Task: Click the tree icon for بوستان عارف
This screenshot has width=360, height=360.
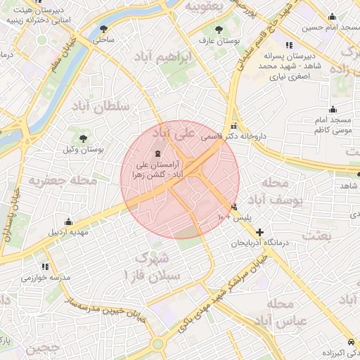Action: pos(219,30)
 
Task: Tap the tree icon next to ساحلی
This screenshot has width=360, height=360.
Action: pos(104,29)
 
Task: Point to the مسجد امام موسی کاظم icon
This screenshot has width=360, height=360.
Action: pos(333,109)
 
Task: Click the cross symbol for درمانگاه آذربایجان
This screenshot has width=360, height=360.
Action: pos(260,231)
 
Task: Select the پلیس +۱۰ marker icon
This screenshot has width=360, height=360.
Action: pos(233,207)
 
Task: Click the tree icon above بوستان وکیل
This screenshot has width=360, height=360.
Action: pos(83,138)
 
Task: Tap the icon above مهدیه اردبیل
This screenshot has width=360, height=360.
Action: pos(68,221)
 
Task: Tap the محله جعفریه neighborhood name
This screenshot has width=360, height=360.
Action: pos(61,180)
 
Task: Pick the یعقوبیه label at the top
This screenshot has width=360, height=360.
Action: pos(203,6)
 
